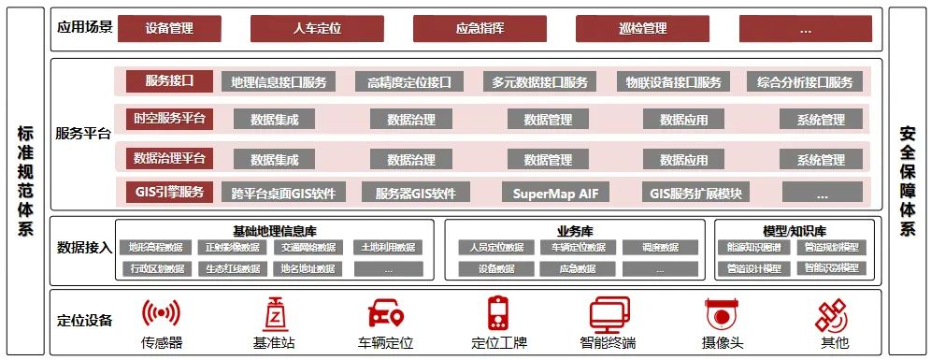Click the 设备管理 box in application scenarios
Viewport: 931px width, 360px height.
point(170,28)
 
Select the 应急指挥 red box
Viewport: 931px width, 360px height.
point(480,28)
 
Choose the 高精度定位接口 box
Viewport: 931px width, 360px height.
point(409,82)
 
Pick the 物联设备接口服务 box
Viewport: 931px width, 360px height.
point(674,82)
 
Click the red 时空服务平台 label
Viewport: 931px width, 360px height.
point(169,119)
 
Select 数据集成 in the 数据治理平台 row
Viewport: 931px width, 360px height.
point(275,160)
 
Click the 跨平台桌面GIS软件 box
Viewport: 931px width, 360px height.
point(283,194)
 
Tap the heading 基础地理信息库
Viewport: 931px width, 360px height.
point(274,230)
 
